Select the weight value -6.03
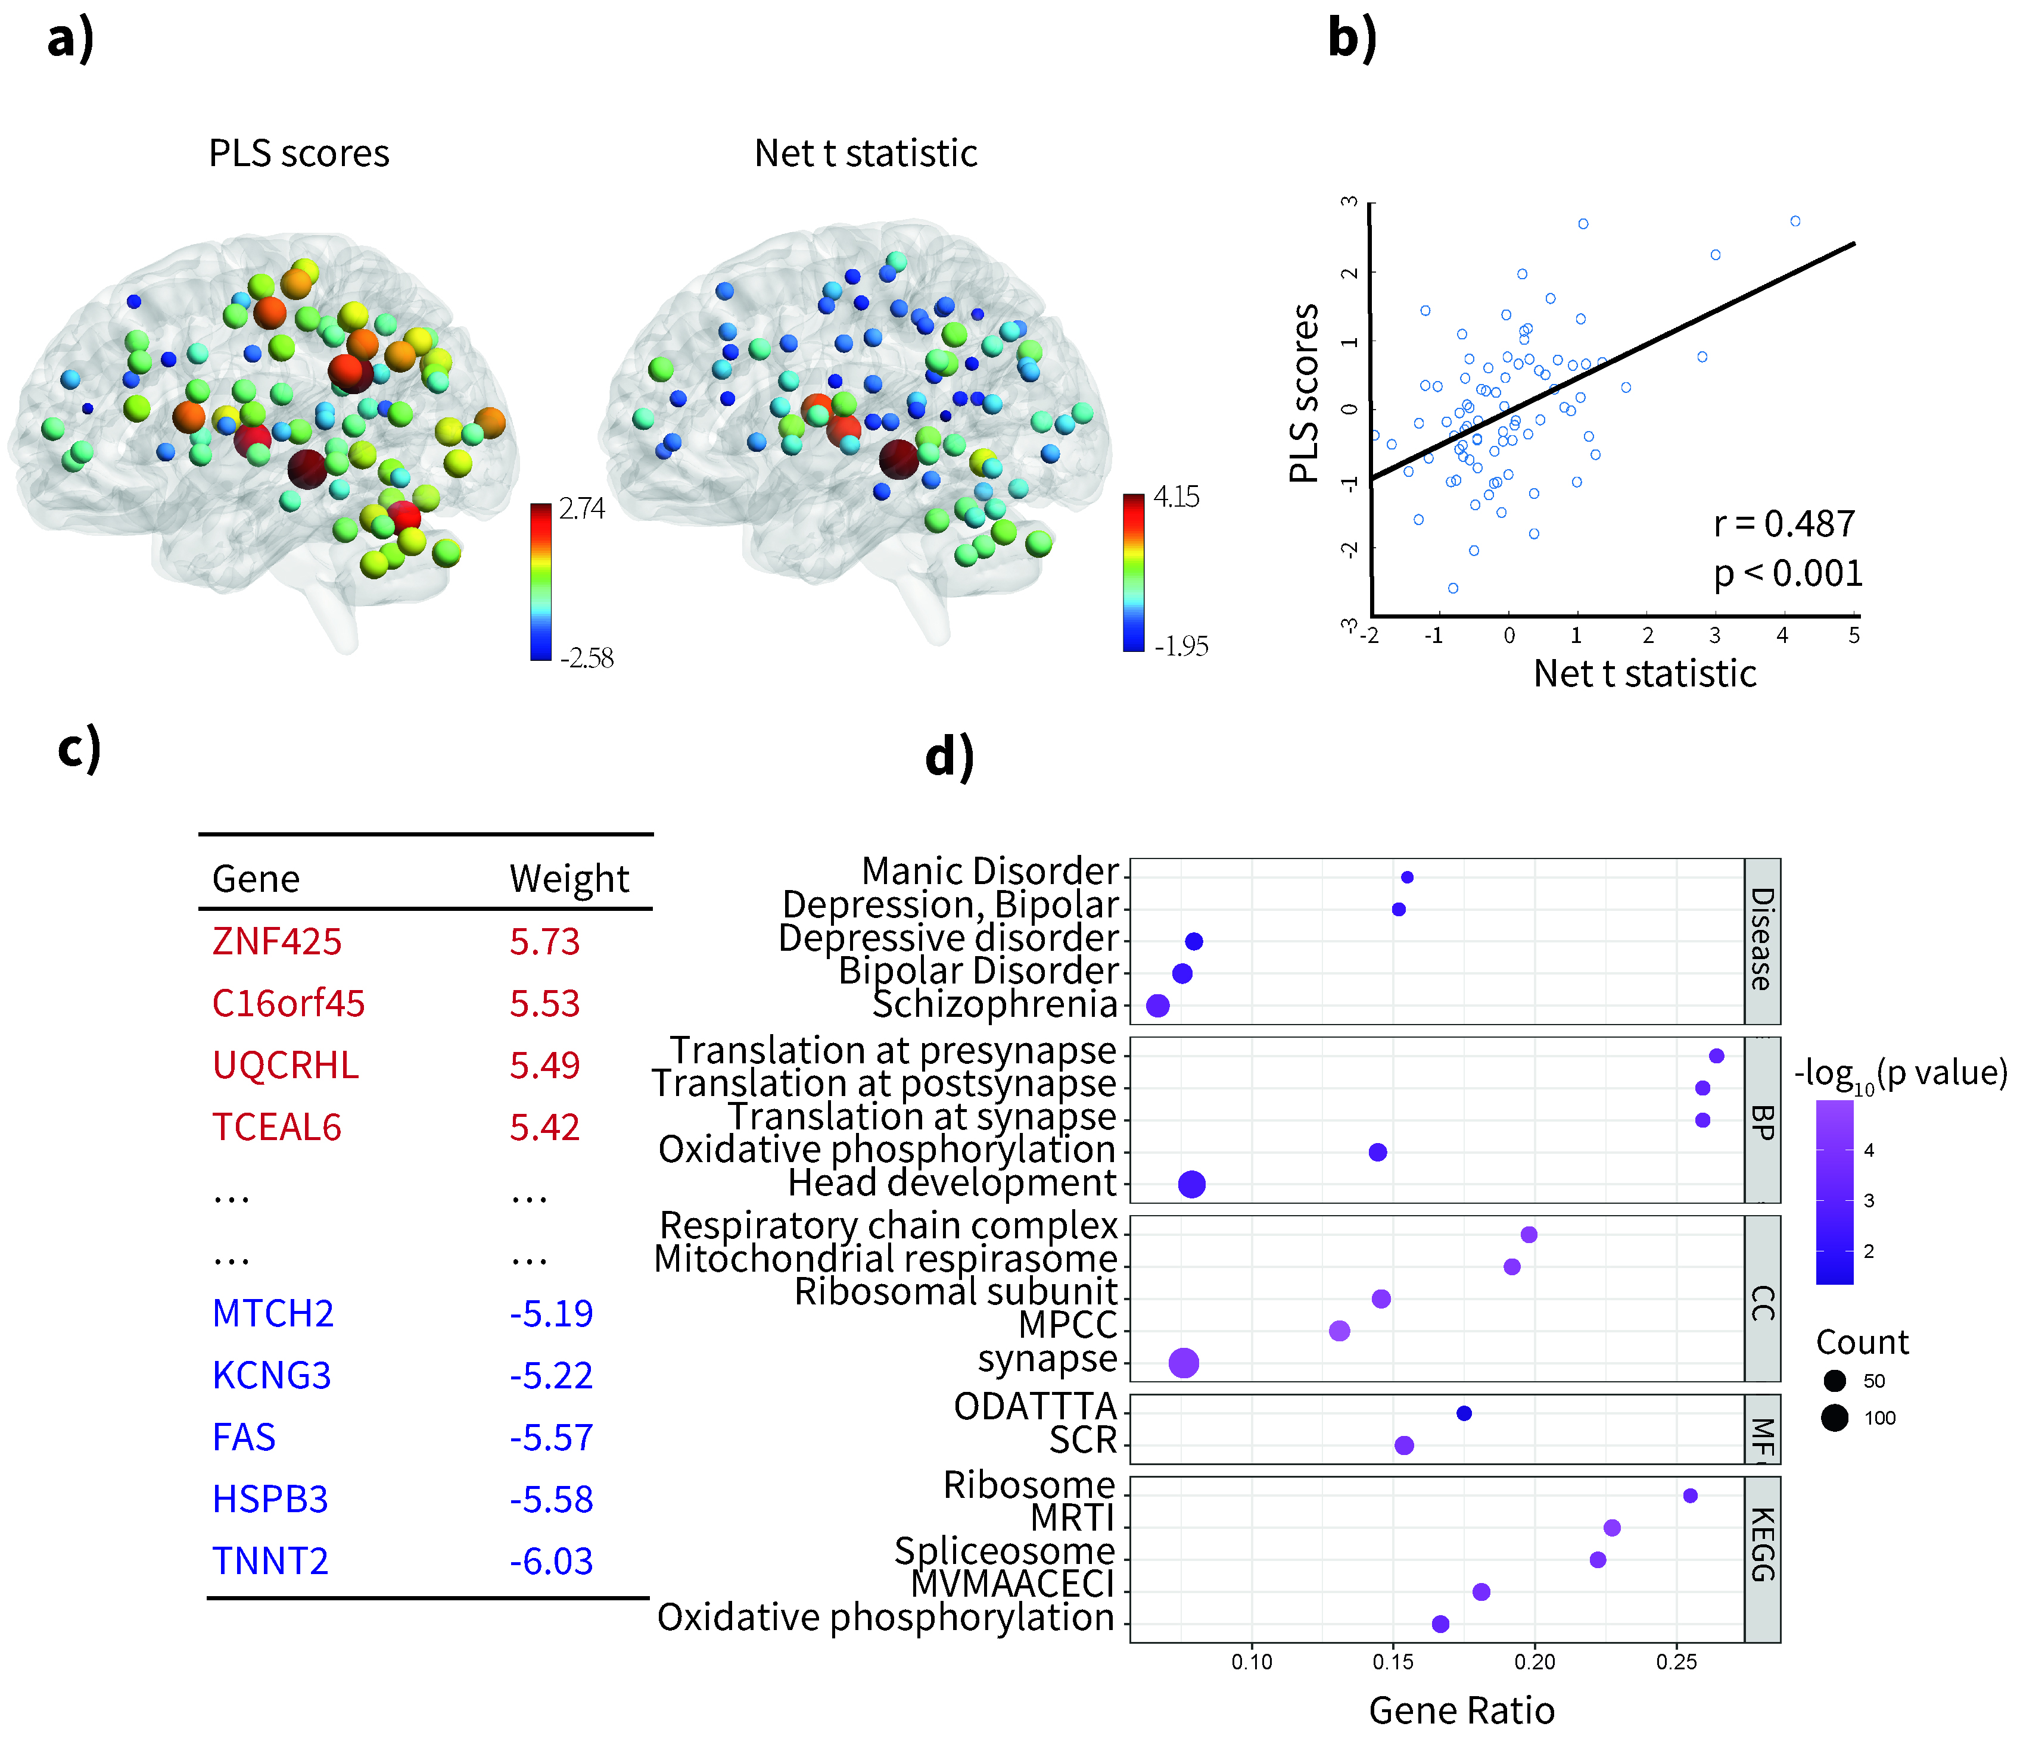(551, 1561)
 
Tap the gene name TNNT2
(270, 1561)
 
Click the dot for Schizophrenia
(1157, 1006)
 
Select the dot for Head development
(1191, 1184)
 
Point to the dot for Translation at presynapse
(1716, 1056)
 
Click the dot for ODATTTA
(1463, 1413)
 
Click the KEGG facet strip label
(1762, 1544)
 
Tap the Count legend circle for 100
(1835, 1418)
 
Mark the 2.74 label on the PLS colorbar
(581, 509)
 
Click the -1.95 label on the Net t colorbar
(1181, 646)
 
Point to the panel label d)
(949, 757)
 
